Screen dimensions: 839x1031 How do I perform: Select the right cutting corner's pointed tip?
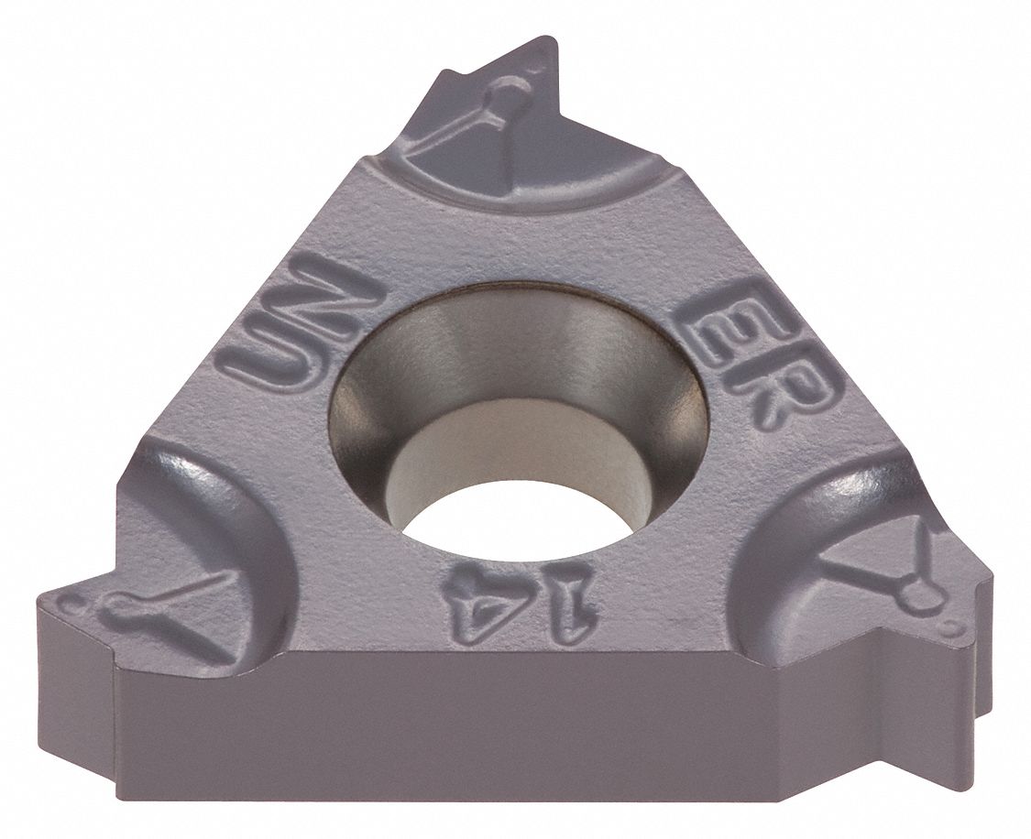990,577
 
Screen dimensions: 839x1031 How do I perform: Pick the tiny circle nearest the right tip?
955,630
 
